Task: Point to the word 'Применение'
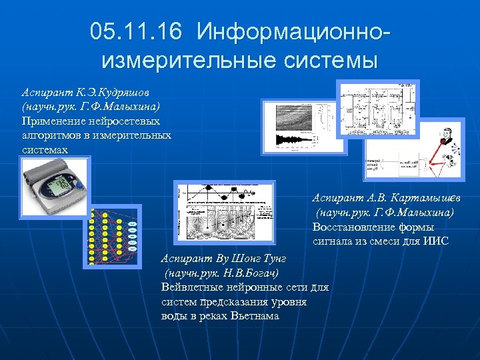click(53, 121)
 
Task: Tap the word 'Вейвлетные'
click(193, 287)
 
